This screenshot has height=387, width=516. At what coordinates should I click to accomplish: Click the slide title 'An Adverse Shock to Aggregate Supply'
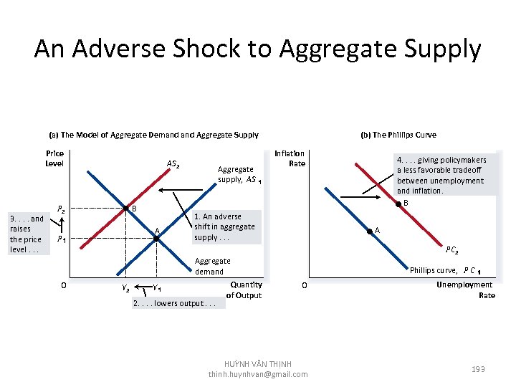(257, 49)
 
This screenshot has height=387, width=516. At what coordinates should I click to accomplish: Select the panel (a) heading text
(153, 135)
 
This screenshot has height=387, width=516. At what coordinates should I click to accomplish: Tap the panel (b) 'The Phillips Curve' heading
(398, 135)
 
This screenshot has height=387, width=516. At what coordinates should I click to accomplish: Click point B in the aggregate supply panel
(124, 209)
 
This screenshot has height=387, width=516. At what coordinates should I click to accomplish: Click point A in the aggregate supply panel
(156, 238)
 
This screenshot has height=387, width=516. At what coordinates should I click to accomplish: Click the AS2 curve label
(173, 164)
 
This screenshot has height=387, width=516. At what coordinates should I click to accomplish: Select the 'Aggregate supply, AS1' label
(239, 175)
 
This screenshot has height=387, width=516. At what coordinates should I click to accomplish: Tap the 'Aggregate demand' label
(212, 266)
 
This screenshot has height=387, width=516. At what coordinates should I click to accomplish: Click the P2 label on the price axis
(62, 210)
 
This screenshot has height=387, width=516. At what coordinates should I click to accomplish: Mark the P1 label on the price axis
(62, 239)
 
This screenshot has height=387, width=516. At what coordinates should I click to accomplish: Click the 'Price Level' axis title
(54, 158)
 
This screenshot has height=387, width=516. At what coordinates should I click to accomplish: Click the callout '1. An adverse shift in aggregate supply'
(224, 226)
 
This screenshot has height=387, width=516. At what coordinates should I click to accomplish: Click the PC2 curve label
(452, 250)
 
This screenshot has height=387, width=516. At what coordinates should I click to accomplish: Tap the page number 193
(478, 368)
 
